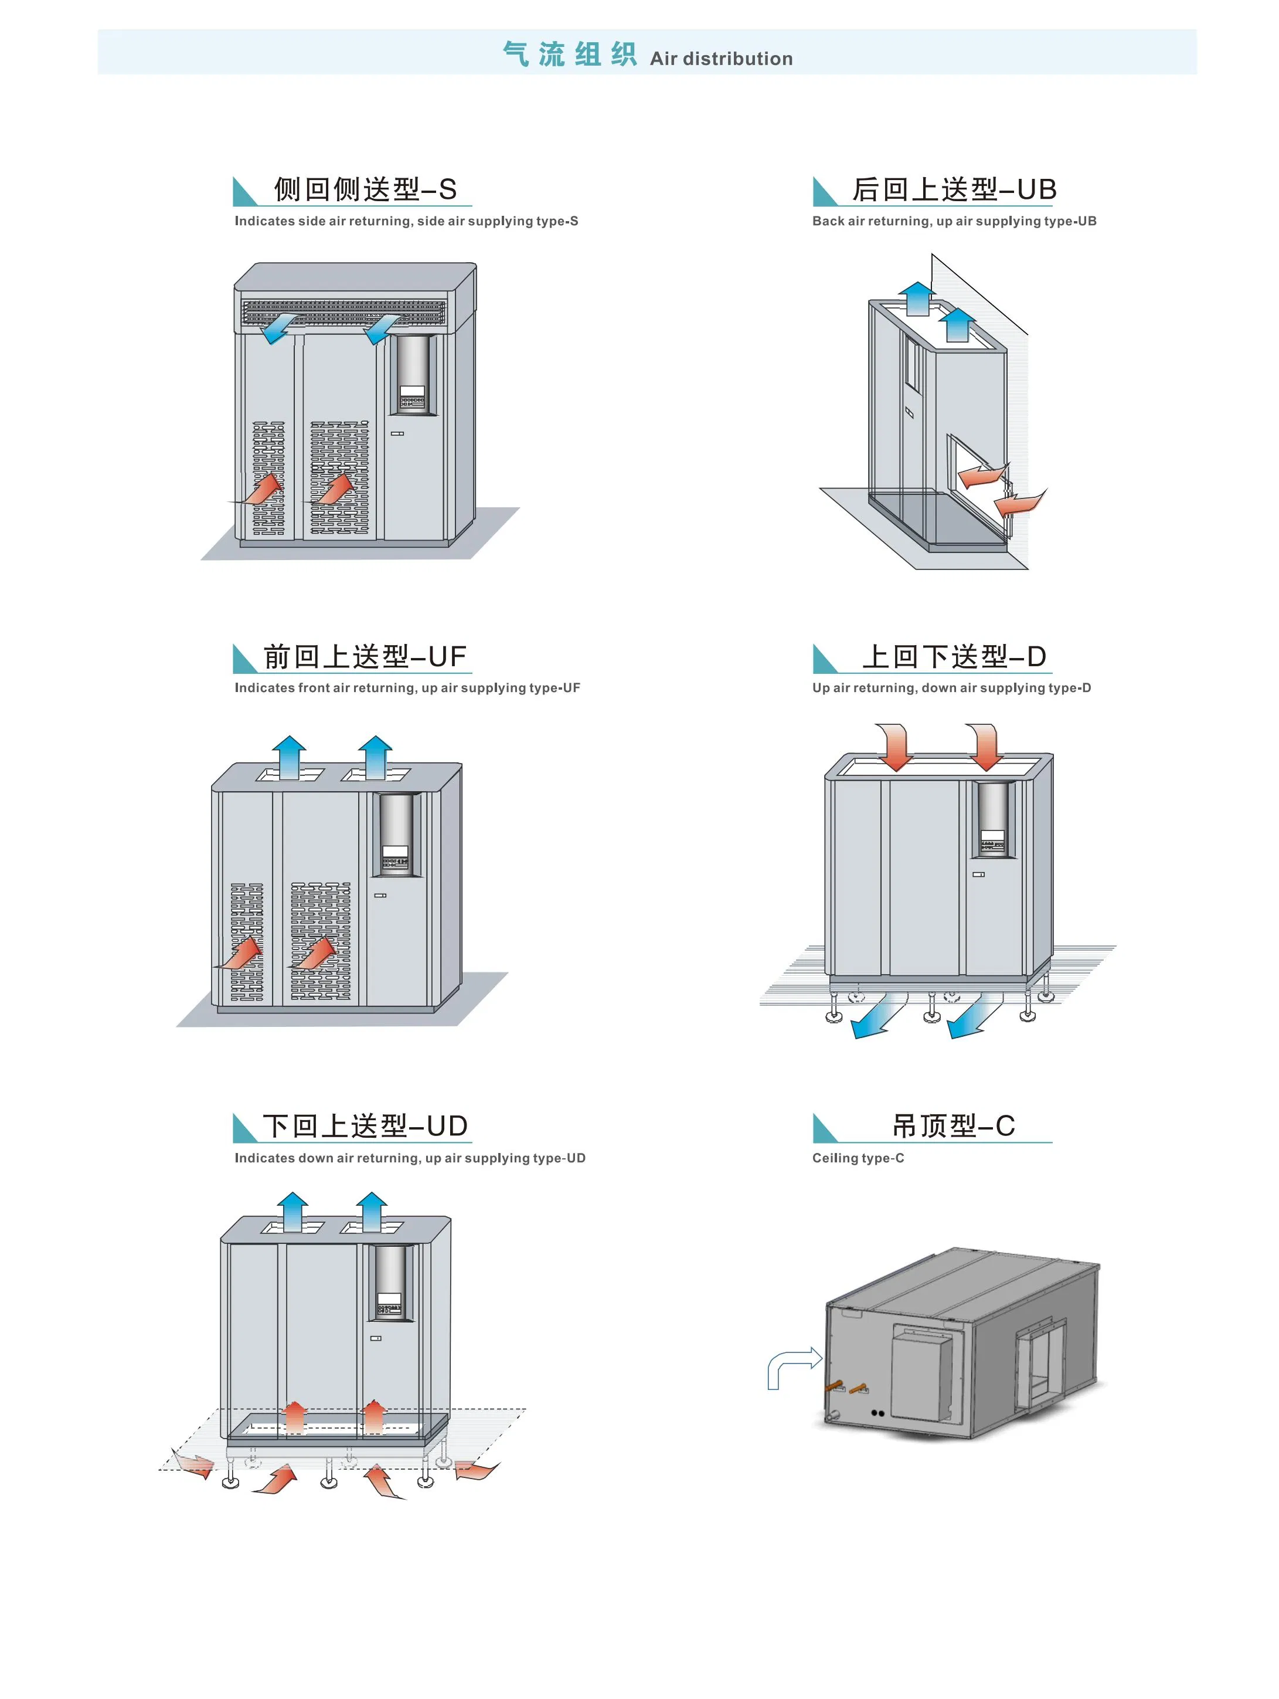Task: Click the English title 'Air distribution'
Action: [720, 59]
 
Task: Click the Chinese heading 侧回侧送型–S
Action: [365, 189]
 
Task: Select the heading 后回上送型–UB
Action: [954, 189]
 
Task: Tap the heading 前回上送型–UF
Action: [365, 657]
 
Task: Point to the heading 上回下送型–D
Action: [954, 657]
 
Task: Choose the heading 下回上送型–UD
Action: [365, 1126]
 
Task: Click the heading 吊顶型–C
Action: [954, 1126]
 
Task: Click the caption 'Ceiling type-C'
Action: [858, 1158]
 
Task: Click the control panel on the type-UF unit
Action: [396, 836]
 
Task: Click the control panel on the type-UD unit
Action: [389, 1283]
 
